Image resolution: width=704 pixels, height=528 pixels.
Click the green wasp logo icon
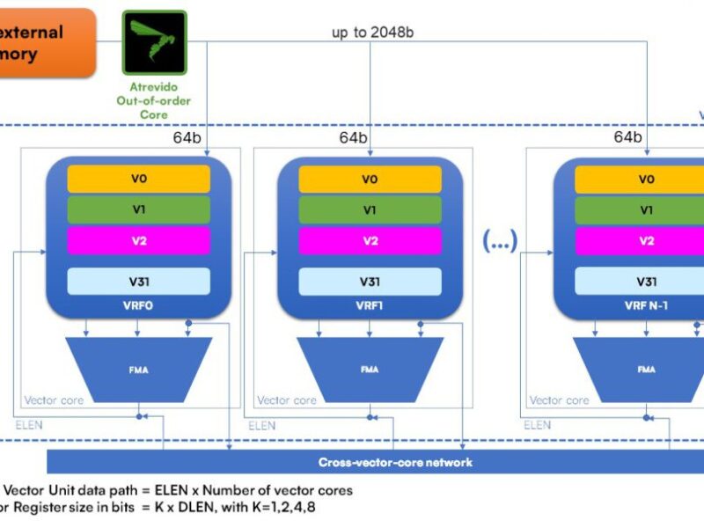[x=154, y=42]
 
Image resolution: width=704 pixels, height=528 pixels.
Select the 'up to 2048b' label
[x=373, y=33]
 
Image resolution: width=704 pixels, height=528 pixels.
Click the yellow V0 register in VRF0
[x=139, y=179]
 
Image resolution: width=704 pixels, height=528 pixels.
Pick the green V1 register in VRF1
[x=370, y=210]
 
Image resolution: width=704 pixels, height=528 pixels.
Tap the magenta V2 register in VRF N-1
[x=646, y=241]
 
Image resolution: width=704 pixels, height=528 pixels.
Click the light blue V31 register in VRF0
[x=139, y=282]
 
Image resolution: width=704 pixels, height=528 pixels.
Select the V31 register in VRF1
[x=370, y=282]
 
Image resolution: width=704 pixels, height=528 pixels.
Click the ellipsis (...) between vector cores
[x=500, y=240]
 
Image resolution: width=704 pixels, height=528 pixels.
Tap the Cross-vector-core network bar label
[x=395, y=462]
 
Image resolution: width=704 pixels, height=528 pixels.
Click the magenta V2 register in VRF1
[x=370, y=241]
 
